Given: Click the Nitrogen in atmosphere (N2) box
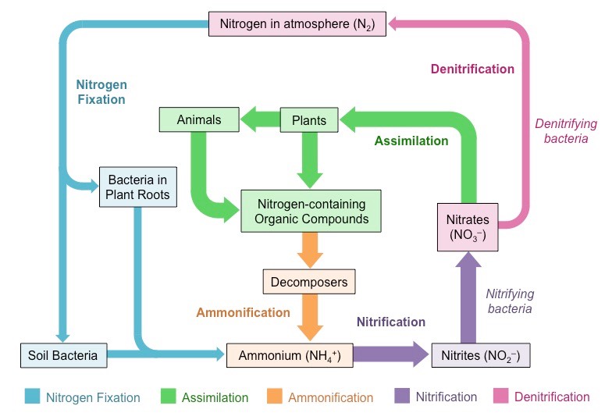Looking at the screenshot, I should tap(296, 23).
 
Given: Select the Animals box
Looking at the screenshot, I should tap(199, 120).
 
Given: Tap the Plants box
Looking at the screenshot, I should tap(309, 121).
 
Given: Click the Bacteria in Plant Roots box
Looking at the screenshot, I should tap(138, 187).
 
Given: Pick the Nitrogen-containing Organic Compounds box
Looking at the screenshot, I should tap(311, 211).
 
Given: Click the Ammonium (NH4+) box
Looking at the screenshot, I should tap(289, 355).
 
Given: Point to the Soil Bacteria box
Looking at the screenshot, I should tap(62, 355).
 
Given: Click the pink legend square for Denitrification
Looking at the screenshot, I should tap(500, 397).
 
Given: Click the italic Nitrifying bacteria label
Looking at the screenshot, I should tap(509, 301).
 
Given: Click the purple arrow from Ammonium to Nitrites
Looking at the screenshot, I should tap(390, 355).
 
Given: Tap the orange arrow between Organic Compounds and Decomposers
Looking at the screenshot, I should tap(310, 250).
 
